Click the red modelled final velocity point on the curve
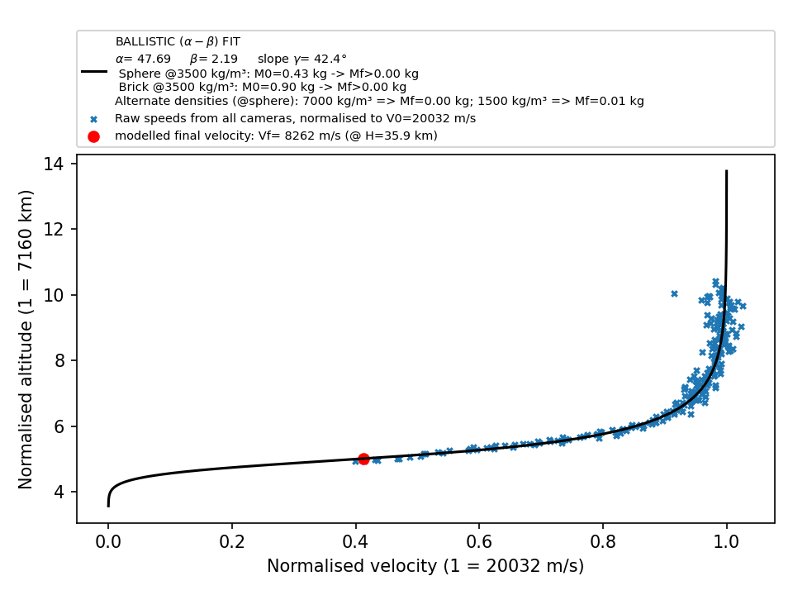coord(363,459)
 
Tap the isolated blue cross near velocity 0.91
coord(674,293)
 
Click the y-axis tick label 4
coord(59,492)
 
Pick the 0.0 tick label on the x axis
coord(108,542)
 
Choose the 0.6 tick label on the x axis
coord(479,542)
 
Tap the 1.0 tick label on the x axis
coord(727,542)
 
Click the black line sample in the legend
coord(94,72)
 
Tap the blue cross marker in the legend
coord(93,119)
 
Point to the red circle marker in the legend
coord(93,136)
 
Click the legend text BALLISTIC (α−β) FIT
coord(178,41)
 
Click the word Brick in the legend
coord(132,87)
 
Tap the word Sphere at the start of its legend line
coord(140,74)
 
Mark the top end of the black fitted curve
coord(727,171)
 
